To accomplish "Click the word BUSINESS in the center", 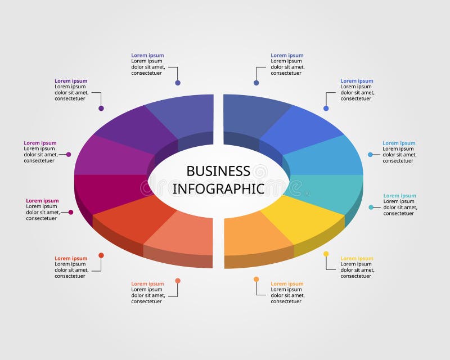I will pyautogui.click(x=218, y=171).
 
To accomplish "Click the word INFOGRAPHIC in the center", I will pyautogui.click(x=218, y=188).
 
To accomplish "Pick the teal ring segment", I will pyautogui.click(x=326, y=188).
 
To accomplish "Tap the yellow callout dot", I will pyautogui.click(x=326, y=254).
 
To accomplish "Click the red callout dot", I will pyautogui.click(x=101, y=255).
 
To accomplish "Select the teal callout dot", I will pyautogui.click(x=371, y=208).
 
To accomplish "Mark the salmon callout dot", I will pyautogui.click(x=178, y=281).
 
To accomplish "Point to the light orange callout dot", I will pyautogui.click(x=256, y=280).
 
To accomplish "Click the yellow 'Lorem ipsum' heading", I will pyautogui.click(x=357, y=259).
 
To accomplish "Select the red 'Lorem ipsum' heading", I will pyautogui.click(x=71, y=259).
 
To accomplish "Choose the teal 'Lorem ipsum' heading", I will pyautogui.click(x=399, y=196).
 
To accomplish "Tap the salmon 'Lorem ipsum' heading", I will pyautogui.click(x=147, y=284).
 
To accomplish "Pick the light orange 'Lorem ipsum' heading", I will pyautogui.click(x=287, y=284).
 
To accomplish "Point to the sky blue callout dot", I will pyautogui.click(x=370, y=155).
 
